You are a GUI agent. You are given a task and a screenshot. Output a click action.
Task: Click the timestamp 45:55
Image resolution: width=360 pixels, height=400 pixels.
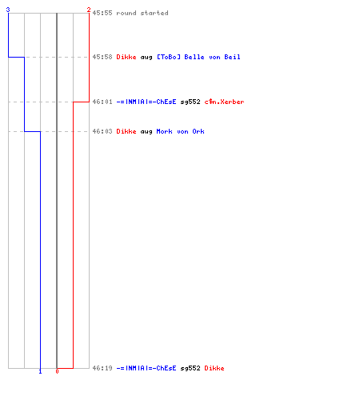(102, 13)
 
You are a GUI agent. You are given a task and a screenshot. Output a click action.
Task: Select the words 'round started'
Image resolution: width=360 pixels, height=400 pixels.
(142, 13)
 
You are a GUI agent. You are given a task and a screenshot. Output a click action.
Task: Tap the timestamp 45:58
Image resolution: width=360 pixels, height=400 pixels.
(102, 57)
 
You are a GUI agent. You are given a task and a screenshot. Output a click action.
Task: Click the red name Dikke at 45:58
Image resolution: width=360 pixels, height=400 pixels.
(126, 57)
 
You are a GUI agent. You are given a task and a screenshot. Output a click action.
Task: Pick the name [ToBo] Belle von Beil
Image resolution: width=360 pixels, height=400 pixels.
(198, 57)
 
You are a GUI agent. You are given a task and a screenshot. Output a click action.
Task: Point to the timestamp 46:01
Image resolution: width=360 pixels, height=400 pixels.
(102, 102)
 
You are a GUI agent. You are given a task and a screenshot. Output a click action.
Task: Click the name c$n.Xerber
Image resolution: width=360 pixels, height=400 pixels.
(224, 102)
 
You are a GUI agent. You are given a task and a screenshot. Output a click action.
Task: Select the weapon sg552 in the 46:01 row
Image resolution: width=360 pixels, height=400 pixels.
(190, 102)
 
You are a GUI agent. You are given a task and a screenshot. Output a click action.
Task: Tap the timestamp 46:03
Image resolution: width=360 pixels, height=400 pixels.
(102, 131)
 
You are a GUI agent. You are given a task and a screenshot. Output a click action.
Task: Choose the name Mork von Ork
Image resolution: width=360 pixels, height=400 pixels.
(181, 131)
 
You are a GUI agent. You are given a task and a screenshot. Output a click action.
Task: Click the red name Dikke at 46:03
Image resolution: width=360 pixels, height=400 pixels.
(126, 131)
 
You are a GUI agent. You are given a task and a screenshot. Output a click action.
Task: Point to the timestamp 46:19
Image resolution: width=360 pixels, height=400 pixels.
(102, 368)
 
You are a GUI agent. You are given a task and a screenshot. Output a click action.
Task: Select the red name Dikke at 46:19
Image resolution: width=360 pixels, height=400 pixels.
(214, 368)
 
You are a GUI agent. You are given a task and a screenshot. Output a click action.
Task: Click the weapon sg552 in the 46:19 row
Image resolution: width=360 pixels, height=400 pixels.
(190, 368)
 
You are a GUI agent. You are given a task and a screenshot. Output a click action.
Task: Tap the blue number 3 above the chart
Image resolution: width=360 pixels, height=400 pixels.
(8, 10)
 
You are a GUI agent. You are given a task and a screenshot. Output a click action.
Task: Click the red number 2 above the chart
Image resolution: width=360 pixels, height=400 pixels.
(89, 10)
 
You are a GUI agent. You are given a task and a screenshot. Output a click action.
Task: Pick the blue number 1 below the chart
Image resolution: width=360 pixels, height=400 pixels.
(40, 371)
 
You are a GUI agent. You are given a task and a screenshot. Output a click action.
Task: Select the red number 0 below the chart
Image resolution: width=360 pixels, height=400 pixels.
(57, 371)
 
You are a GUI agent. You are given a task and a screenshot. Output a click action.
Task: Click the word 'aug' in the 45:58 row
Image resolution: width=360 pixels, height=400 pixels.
(146, 58)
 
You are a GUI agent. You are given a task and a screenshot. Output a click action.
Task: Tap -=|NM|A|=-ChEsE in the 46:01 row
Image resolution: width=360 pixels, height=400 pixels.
(146, 102)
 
